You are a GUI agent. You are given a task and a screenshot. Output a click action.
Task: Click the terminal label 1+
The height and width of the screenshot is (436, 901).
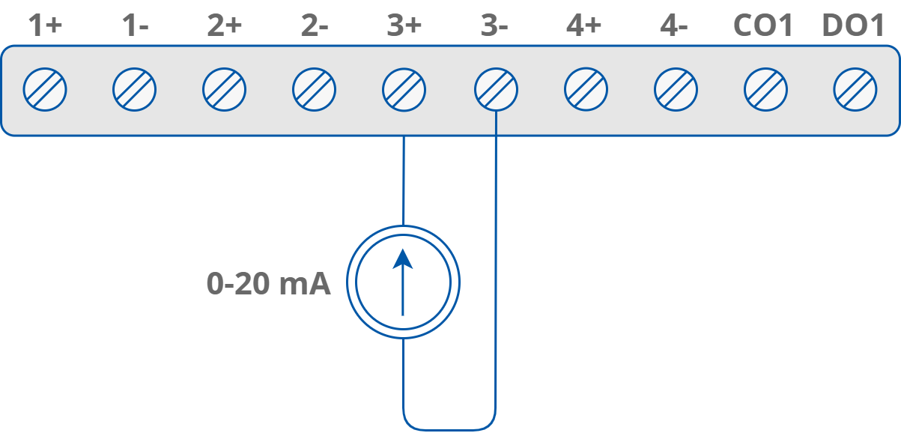pyautogui.click(x=44, y=26)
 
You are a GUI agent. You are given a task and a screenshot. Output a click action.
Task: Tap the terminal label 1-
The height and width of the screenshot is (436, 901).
pyautogui.click(x=135, y=26)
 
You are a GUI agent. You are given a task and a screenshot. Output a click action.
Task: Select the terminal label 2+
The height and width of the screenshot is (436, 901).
pyautogui.click(x=224, y=26)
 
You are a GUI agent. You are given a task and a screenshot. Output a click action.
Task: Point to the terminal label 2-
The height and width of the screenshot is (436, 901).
pyautogui.click(x=315, y=26)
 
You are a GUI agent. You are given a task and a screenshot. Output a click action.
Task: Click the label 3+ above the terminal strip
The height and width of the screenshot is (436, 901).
pyautogui.click(x=404, y=26)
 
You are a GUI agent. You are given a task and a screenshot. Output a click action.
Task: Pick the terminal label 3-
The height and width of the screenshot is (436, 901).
pyautogui.click(x=494, y=26)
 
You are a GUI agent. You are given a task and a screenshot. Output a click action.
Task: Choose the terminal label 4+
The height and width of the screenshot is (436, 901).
pyautogui.click(x=584, y=26)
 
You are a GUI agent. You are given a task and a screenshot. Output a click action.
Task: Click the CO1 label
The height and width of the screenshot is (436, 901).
pyautogui.click(x=762, y=26)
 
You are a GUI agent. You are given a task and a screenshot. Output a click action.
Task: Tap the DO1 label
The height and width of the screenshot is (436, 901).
pyautogui.click(x=854, y=26)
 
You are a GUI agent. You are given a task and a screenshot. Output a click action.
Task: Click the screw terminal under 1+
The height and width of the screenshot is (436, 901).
pyautogui.click(x=45, y=90)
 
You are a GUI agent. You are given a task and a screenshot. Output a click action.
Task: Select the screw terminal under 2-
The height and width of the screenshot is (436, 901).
pyautogui.click(x=314, y=90)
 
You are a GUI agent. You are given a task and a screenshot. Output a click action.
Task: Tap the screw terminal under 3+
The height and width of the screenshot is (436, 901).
pyautogui.click(x=404, y=90)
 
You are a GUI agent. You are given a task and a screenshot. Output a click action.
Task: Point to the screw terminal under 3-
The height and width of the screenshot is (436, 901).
pyautogui.click(x=496, y=90)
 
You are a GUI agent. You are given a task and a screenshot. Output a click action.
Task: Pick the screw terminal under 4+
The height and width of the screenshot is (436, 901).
pyautogui.click(x=586, y=90)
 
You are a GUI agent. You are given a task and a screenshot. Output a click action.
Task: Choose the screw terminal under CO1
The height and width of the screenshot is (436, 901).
pyautogui.click(x=765, y=90)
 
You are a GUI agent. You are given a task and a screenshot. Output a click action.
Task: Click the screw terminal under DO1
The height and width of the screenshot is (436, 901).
pyautogui.click(x=855, y=90)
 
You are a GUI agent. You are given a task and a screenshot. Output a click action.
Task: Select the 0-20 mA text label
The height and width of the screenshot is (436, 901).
pyautogui.click(x=268, y=284)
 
